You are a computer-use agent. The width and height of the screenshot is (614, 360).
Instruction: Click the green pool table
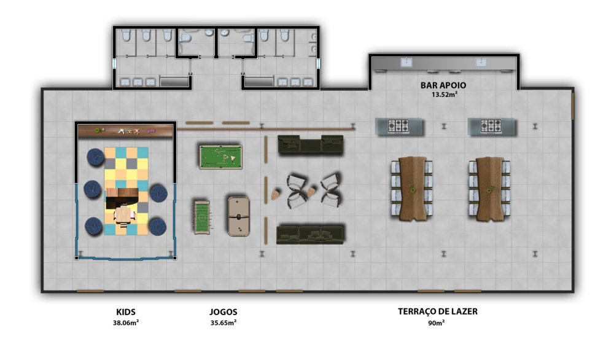[221, 157]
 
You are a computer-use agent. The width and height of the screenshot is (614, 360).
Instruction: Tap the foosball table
[202, 217]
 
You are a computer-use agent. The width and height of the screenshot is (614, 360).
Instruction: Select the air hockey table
[239, 217]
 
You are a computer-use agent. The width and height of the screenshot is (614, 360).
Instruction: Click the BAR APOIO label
[443, 85]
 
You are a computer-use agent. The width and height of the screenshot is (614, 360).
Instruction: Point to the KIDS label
[126, 312]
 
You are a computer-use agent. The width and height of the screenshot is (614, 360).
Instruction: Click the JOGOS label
[223, 312]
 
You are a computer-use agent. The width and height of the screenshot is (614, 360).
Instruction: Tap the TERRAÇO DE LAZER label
[438, 311]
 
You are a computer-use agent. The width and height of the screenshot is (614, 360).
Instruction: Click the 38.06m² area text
[126, 323]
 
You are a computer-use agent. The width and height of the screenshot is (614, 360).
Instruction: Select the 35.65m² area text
[223, 323]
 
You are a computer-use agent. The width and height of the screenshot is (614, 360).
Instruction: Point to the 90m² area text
[437, 323]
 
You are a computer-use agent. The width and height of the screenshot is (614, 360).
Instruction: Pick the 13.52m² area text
[445, 95]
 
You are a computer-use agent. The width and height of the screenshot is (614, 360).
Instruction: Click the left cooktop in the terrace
[398, 127]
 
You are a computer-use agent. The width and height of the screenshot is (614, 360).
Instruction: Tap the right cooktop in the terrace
[491, 126]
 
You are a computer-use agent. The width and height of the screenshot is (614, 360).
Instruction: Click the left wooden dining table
[412, 189]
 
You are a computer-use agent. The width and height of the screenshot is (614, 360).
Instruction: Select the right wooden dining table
[489, 189]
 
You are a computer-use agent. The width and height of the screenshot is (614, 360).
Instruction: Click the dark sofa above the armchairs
[311, 145]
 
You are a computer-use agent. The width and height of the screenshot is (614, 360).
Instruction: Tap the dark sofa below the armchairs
[311, 234]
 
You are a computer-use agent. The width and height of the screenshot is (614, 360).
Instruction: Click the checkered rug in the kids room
[126, 191]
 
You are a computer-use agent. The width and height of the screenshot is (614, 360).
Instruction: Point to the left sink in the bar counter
[406, 62]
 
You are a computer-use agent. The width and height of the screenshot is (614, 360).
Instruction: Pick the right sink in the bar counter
[481, 62]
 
